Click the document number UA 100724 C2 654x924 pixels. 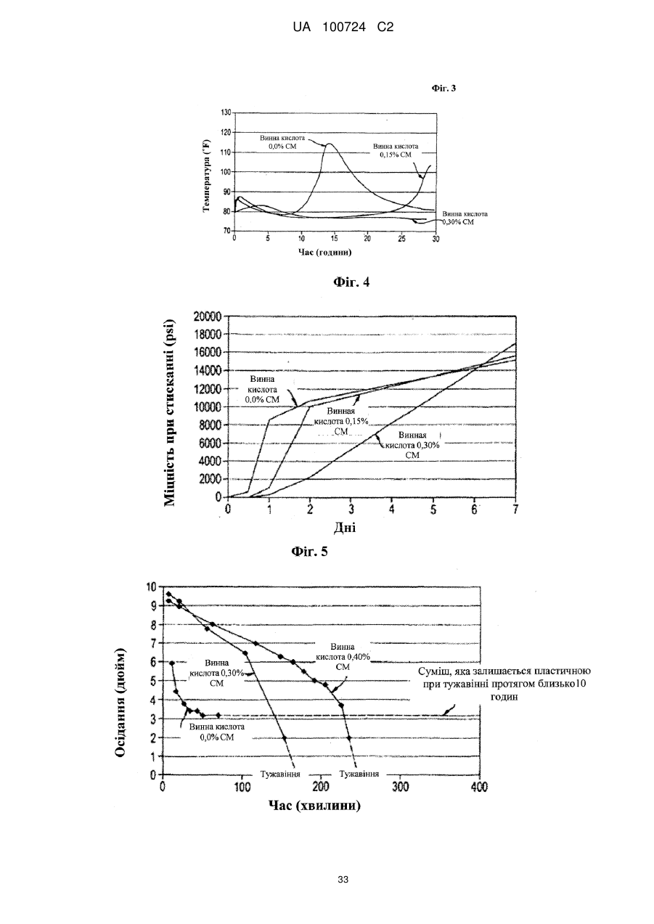343,28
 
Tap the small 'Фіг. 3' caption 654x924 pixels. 444,88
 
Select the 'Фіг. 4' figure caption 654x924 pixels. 351,282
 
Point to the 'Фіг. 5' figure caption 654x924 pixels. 309,551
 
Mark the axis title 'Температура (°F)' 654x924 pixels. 207,176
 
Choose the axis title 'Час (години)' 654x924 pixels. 325,252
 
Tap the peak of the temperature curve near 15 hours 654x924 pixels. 330,144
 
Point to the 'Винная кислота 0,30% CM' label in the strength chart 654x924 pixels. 412,445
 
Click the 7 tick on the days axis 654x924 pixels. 515,510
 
